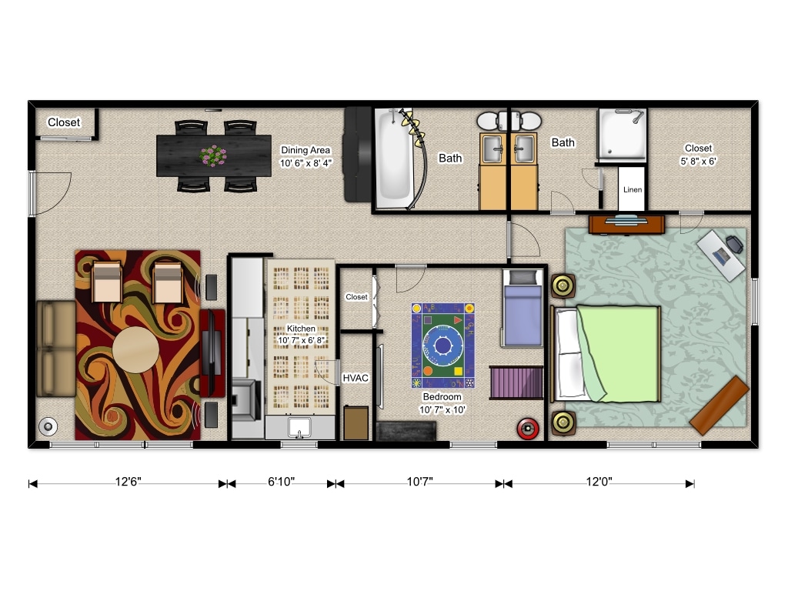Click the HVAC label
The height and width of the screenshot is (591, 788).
[x=356, y=379]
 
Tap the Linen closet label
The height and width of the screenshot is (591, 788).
[x=633, y=190]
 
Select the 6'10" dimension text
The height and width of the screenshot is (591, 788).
[x=281, y=482]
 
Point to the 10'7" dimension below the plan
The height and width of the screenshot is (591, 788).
[x=419, y=482]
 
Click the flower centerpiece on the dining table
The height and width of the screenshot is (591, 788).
[x=213, y=155]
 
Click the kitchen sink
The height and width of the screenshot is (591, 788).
[x=300, y=426]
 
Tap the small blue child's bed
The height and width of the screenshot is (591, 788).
[x=523, y=308]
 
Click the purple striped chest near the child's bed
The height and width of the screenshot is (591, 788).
[x=516, y=382]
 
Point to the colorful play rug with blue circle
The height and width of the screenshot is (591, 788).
[x=442, y=346]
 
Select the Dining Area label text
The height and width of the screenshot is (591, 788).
[x=306, y=156]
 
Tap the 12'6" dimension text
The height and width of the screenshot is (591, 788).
[x=128, y=482]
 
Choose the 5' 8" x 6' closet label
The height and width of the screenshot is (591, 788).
[x=698, y=155]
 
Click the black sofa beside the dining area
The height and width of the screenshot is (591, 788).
[x=358, y=154]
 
